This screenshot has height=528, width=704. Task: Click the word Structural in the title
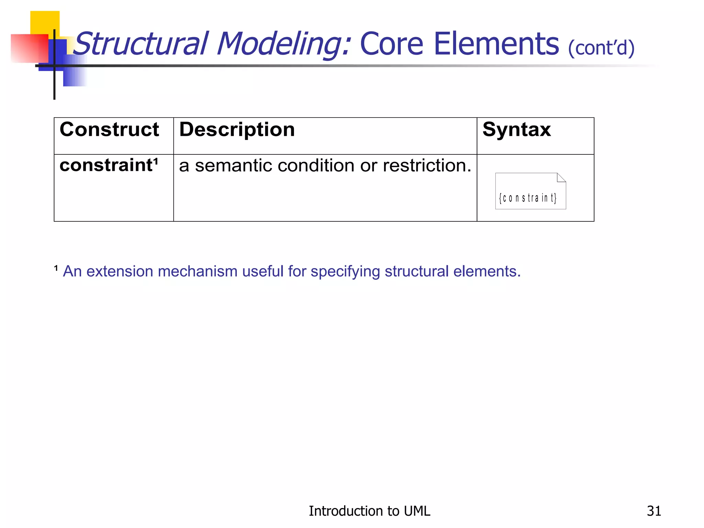(x=141, y=44)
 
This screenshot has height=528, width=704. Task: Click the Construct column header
(x=109, y=130)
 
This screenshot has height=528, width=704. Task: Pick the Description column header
(x=237, y=130)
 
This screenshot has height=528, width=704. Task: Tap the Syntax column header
(x=516, y=130)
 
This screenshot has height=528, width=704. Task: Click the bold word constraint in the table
(x=106, y=165)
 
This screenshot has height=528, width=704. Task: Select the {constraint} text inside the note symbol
(x=528, y=198)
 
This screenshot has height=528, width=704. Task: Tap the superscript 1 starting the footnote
(x=56, y=268)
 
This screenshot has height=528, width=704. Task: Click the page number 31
(x=654, y=511)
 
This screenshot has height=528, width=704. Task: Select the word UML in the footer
(x=417, y=511)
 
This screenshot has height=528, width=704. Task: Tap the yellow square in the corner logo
(x=45, y=22)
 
